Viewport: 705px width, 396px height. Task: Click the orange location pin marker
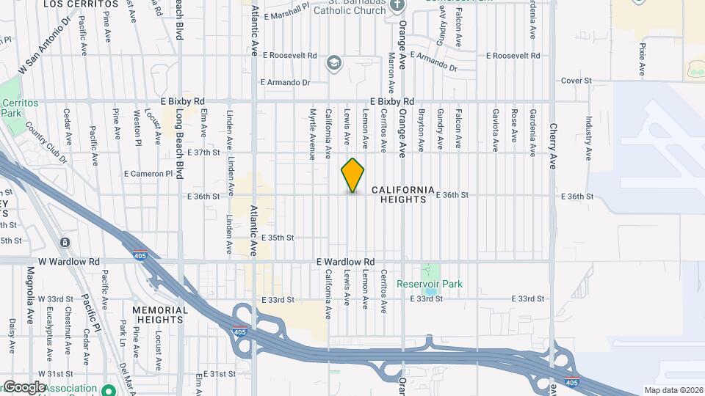(x=352, y=175)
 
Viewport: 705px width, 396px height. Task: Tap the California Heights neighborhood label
(x=403, y=194)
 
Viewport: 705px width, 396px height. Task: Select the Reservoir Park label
(x=430, y=285)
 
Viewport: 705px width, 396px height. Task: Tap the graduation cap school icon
(x=334, y=63)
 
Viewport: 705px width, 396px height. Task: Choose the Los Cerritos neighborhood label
(x=70, y=4)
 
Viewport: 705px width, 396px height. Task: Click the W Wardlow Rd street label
(x=64, y=261)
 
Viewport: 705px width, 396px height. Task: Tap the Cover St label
(x=576, y=81)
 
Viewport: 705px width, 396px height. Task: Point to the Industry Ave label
(x=588, y=137)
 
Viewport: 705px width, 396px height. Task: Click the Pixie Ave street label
(x=642, y=59)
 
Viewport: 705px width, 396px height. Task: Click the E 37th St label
(x=203, y=153)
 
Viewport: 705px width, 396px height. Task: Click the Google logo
(x=23, y=387)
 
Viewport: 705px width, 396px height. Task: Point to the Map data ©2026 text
(x=673, y=390)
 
